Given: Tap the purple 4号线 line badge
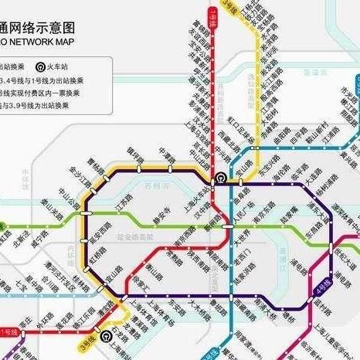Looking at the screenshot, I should click(325, 290).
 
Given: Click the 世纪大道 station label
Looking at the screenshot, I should click(338, 254).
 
